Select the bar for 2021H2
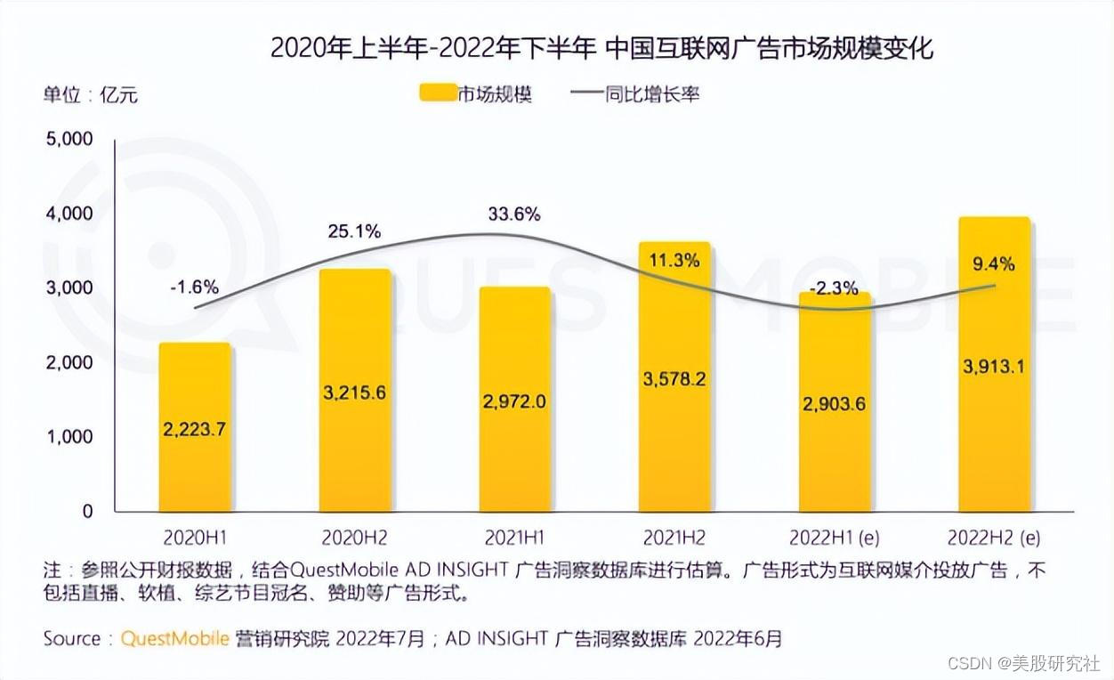674,445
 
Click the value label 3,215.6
354,392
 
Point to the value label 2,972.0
514,401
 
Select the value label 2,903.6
835,403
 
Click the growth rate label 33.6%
513,215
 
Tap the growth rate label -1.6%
194,287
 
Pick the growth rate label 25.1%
353,232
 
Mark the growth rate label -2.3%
835,287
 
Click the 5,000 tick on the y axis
69,140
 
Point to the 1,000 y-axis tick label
69,437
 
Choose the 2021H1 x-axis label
514,538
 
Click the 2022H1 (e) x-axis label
835,538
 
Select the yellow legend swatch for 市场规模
436,93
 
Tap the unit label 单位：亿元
90,94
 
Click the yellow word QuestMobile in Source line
175,639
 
